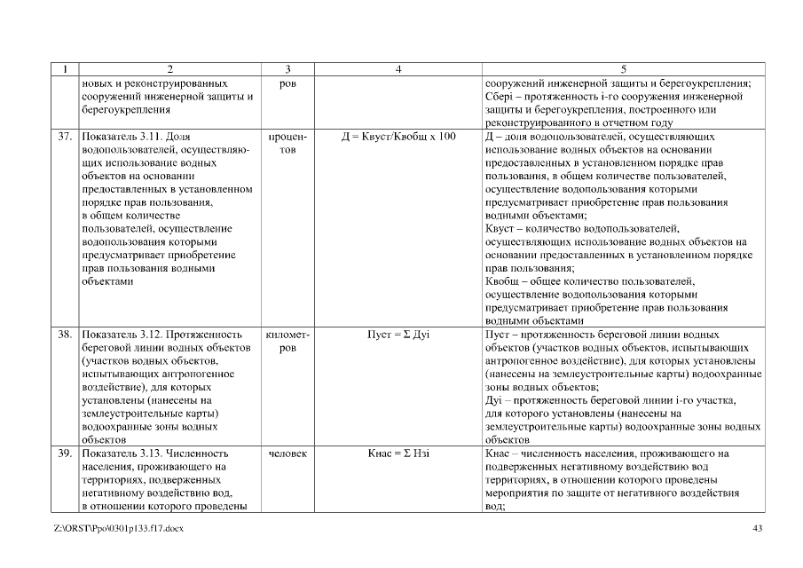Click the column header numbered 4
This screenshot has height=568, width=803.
click(398, 68)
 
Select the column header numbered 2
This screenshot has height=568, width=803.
click(170, 68)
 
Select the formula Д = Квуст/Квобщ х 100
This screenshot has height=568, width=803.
click(398, 137)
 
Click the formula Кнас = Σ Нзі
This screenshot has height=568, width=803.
click(398, 453)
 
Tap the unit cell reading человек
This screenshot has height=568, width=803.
click(287, 453)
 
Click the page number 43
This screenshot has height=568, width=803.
click(757, 529)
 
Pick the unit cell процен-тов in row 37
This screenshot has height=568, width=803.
click(287, 143)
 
